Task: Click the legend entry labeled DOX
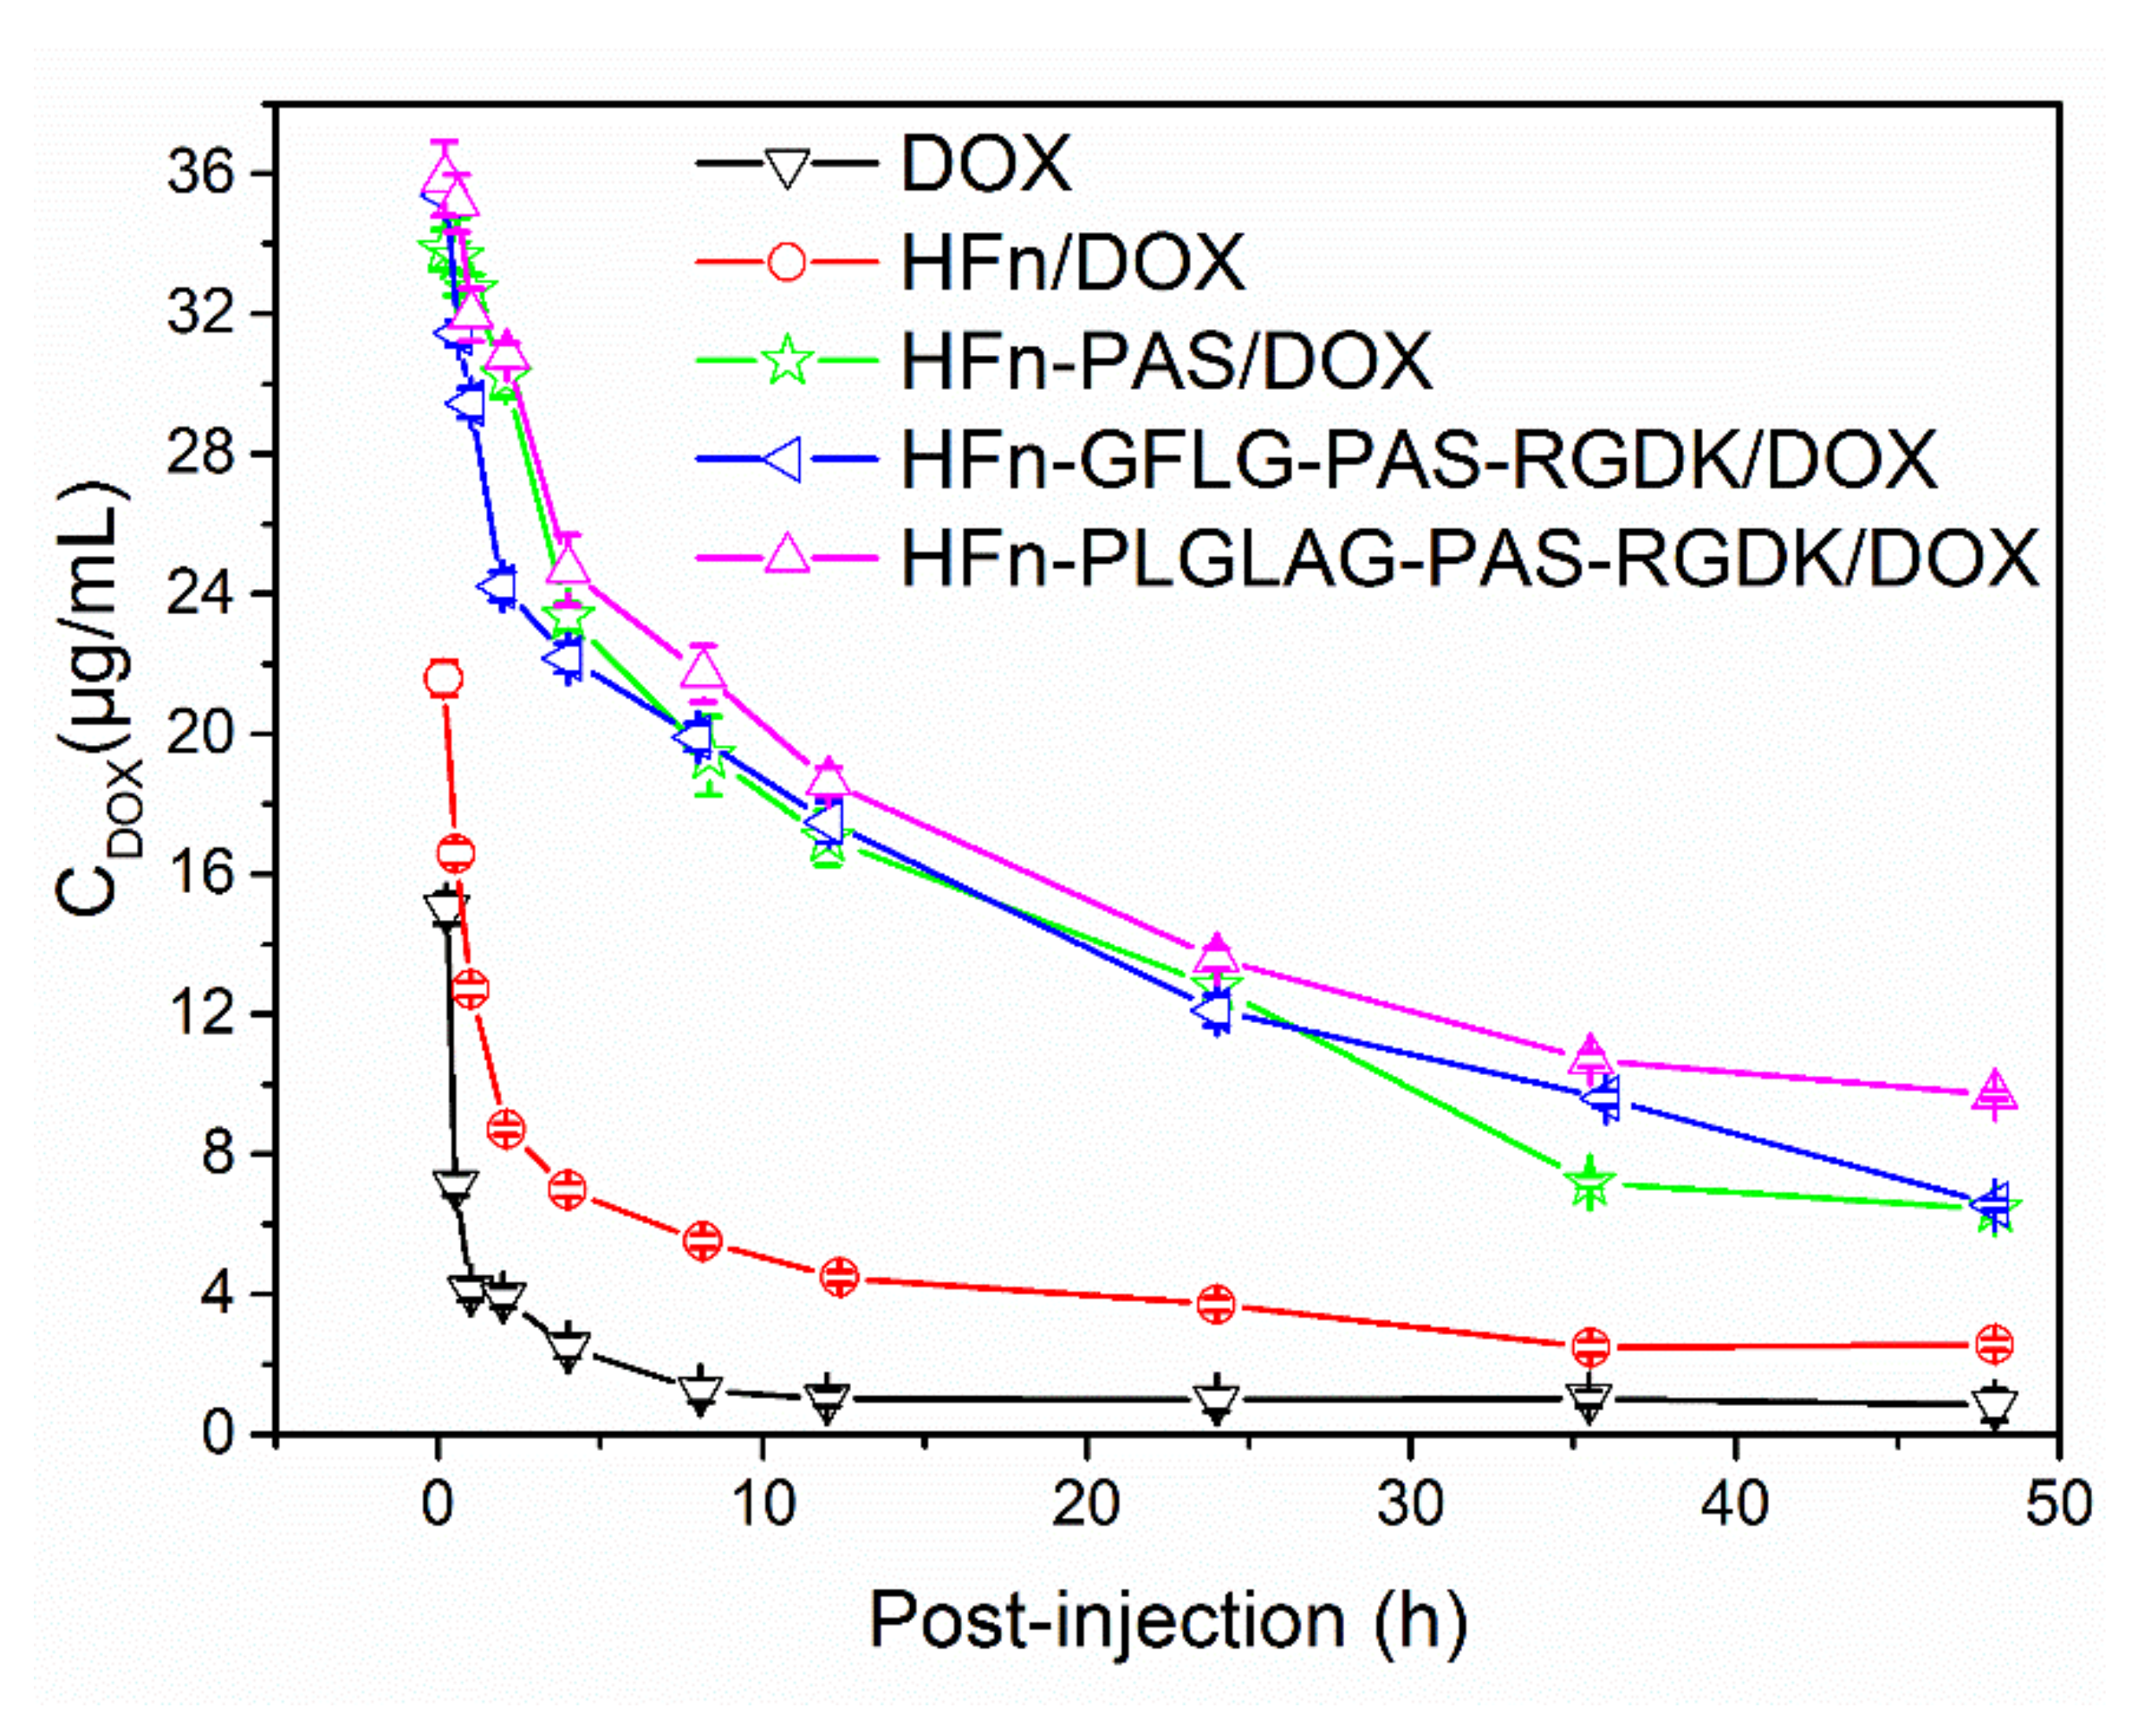pyautogui.click(x=985, y=164)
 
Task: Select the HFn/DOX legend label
pyautogui.click(x=1073, y=263)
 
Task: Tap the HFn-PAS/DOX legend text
pyautogui.click(x=1167, y=360)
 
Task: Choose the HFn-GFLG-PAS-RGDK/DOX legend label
pyautogui.click(x=1419, y=460)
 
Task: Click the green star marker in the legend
pyautogui.click(x=786, y=359)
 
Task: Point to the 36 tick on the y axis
pyautogui.click(x=199, y=174)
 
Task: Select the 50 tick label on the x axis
pyautogui.click(x=2058, y=1504)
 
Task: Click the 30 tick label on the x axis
pyautogui.click(x=1410, y=1504)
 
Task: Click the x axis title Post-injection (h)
pyautogui.click(x=1167, y=1622)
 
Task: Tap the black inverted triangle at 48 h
pyautogui.click(x=1994, y=1404)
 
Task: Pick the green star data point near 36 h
pyautogui.click(x=1590, y=1183)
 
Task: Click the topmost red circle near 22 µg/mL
pyautogui.click(x=444, y=679)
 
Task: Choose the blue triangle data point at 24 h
pyautogui.click(x=1212, y=1010)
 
